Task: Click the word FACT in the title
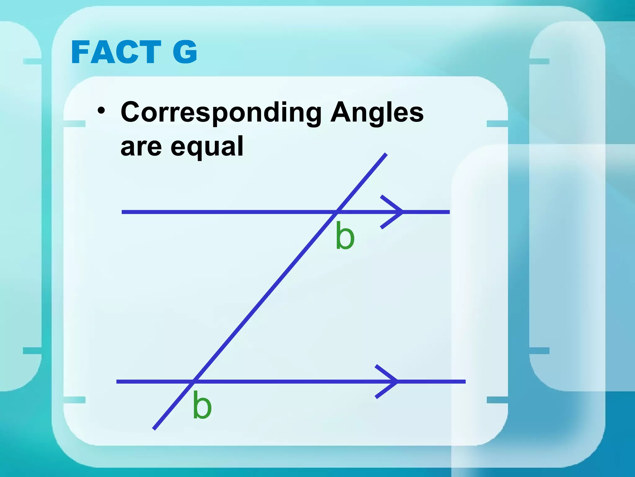116,52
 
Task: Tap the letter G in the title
185,52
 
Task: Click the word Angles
377,112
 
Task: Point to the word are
141,147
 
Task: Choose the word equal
207,147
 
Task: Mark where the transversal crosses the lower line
194,381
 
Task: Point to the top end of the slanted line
386,154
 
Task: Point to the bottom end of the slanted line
154,429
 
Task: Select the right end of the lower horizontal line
465,381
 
